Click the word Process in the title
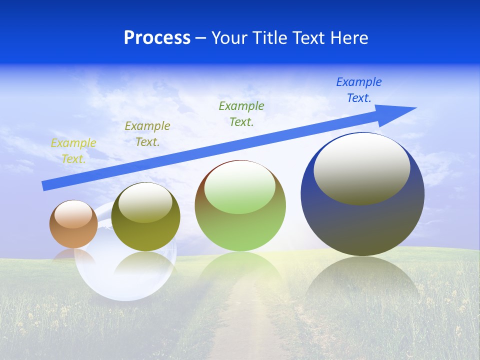157,38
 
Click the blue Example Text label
358,90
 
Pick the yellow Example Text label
73,151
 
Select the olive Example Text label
147,134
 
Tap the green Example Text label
241,114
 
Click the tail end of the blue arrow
44,186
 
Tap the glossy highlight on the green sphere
239,187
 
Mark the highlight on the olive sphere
145,203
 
